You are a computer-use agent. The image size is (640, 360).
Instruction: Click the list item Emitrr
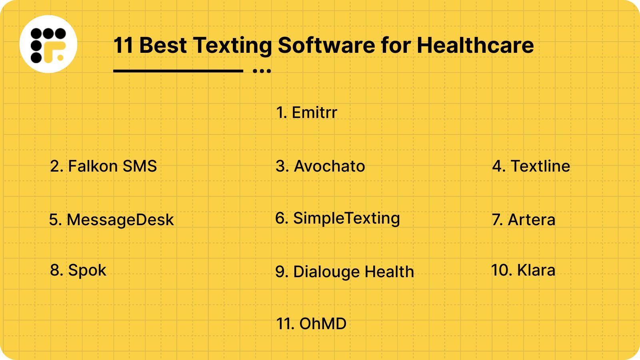[x=307, y=113]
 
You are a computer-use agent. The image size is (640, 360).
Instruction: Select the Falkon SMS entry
[x=104, y=166]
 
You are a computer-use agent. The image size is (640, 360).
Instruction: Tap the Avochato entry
[x=320, y=166]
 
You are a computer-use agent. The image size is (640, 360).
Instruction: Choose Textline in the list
[x=531, y=166]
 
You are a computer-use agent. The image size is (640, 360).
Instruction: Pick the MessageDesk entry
[x=112, y=220]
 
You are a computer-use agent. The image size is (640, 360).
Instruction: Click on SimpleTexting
[x=338, y=218]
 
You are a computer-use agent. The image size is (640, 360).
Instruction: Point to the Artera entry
[x=524, y=220]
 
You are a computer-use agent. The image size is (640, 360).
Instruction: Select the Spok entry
[x=78, y=270]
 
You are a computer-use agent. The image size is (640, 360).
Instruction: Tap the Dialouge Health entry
[x=344, y=272]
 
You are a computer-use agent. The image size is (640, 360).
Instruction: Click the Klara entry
[x=523, y=270]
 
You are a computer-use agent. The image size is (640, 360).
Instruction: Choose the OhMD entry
[x=312, y=324]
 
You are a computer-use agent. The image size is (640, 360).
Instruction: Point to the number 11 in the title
[x=123, y=45]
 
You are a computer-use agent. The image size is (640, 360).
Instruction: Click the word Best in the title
[x=163, y=45]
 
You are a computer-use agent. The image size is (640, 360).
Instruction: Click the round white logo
[x=48, y=44]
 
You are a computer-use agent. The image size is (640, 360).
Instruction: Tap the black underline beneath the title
[x=178, y=71]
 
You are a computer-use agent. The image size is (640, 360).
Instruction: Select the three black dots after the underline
[x=262, y=71]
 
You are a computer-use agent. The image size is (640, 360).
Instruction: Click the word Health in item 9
[x=389, y=272]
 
